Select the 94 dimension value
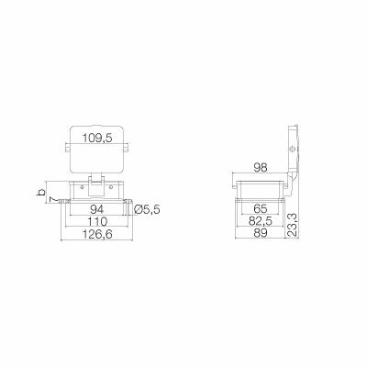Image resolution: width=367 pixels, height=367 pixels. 96,210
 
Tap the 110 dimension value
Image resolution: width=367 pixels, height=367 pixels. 96,223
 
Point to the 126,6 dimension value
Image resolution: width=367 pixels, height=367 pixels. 96,236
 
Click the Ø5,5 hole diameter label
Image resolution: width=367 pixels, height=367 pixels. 148,210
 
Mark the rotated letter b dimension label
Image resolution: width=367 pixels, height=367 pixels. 39,192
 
